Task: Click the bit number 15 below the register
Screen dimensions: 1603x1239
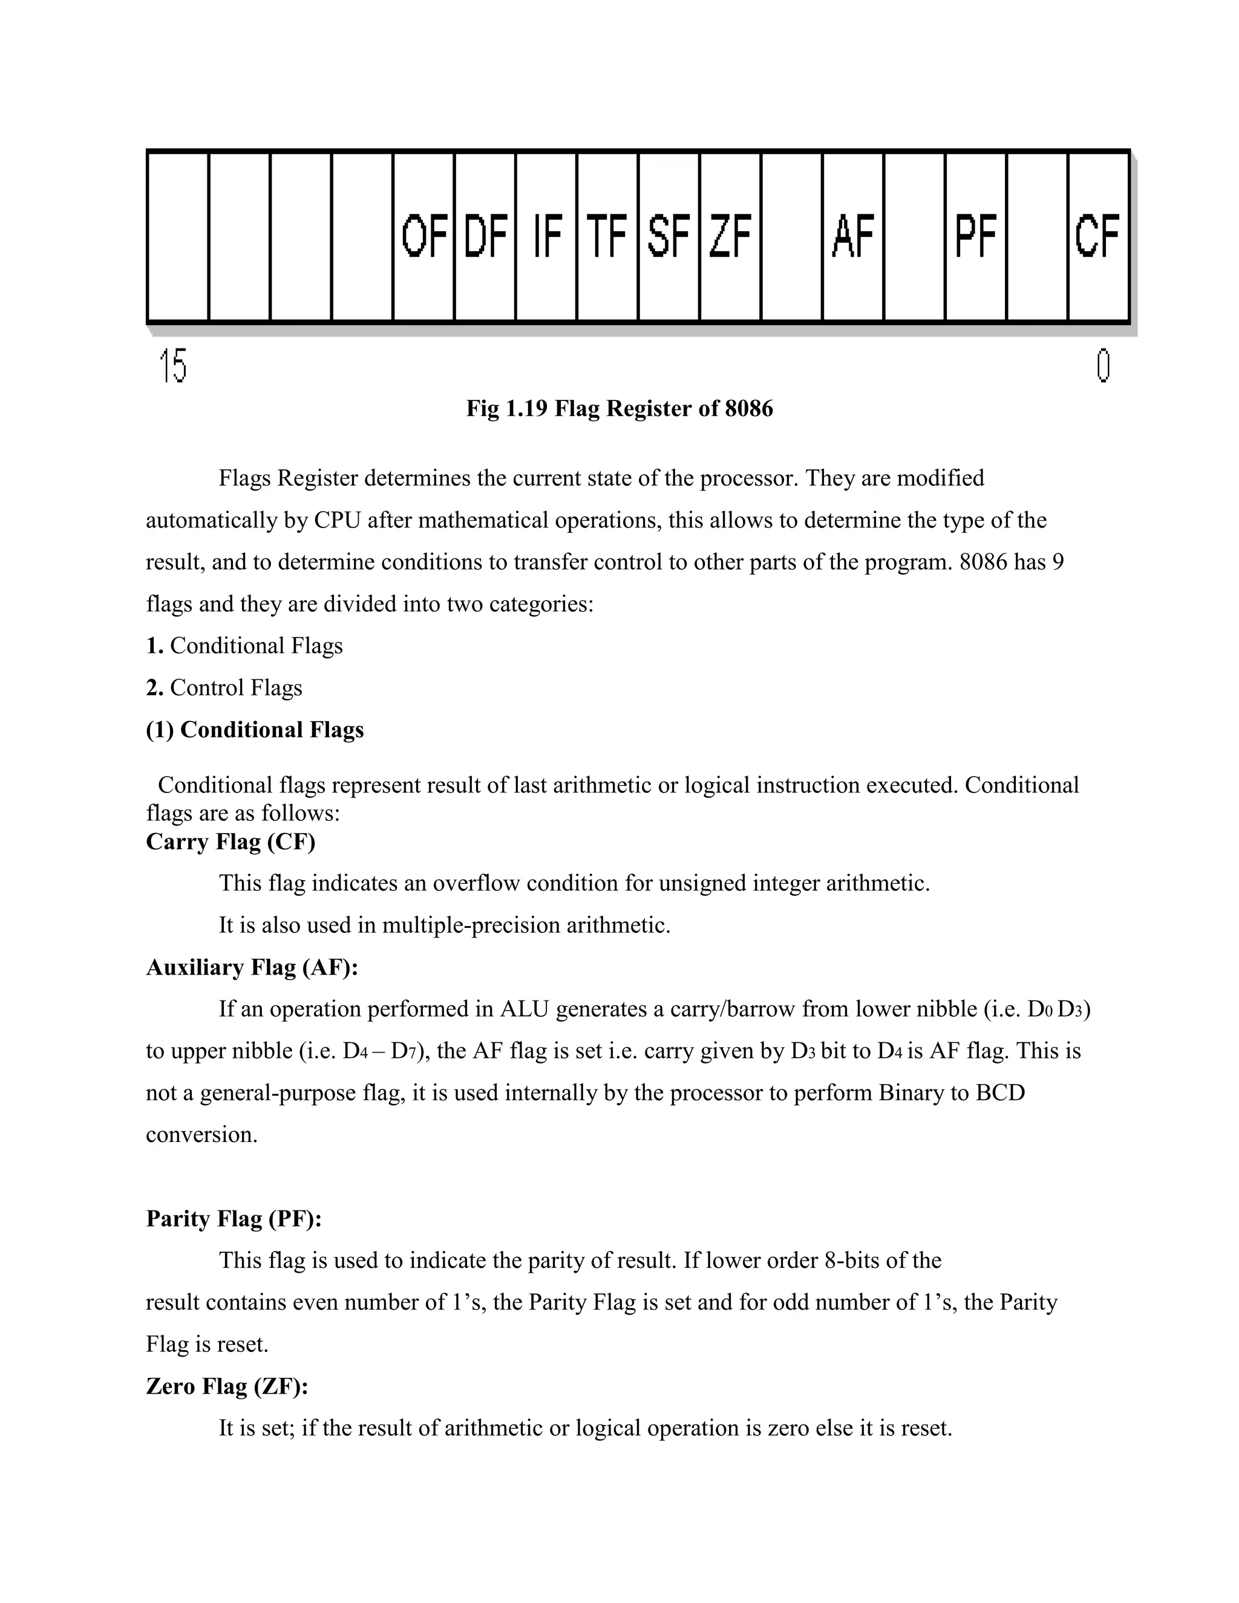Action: click(173, 365)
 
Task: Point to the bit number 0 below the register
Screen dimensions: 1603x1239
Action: click(1102, 365)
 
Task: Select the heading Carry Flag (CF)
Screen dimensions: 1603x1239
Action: click(230, 841)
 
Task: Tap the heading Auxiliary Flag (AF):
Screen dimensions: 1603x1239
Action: click(252, 967)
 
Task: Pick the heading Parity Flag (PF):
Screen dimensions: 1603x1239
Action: click(234, 1218)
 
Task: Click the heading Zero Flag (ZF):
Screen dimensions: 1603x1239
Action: click(227, 1386)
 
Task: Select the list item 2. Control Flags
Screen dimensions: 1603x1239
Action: click(224, 688)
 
